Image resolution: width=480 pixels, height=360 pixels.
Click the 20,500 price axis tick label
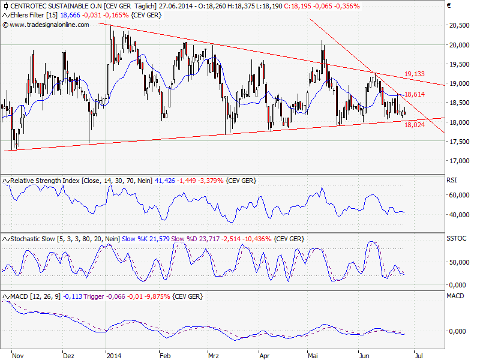pyautogui.click(x=458, y=25)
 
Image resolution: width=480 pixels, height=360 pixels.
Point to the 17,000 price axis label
pyautogui.click(x=458, y=161)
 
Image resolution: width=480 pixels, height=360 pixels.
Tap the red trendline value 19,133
pyautogui.click(x=415, y=74)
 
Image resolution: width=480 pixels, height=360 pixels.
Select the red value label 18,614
pyautogui.click(x=415, y=95)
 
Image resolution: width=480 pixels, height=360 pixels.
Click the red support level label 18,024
pyautogui.click(x=415, y=125)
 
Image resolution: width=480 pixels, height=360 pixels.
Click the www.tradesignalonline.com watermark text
pyautogui.click(x=49, y=25)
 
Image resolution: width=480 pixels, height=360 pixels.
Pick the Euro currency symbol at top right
pyautogui.click(x=449, y=5)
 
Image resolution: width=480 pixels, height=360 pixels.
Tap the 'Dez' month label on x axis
pyautogui.click(x=69, y=355)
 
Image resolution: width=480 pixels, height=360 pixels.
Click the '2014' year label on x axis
pyautogui.click(x=113, y=355)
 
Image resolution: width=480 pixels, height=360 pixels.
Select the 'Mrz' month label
pyautogui.click(x=214, y=355)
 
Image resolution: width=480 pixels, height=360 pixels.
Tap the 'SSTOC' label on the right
pyautogui.click(x=457, y=238)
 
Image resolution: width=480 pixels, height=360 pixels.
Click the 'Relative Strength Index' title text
pyautogui.click(x=45, y=179)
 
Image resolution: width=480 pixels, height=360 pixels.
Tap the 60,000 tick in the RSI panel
pyautogui.click(x=459, y=195)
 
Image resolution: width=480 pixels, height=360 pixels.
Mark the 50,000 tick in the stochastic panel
pyautogui.click(x=459, y=262)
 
